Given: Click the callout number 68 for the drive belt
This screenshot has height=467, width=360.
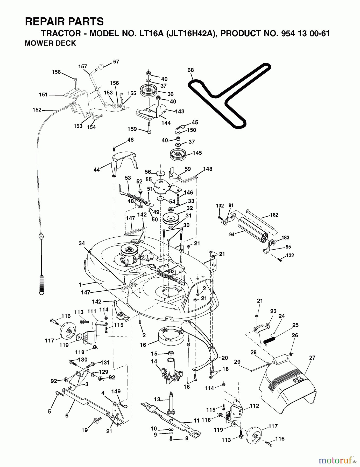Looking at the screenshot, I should click(190, 70).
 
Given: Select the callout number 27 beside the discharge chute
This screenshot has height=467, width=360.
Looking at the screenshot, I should click(312, 358).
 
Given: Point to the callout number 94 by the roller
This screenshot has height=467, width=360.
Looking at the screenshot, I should click(232, 235).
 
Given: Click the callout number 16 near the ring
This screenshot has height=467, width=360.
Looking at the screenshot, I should click(143, 345).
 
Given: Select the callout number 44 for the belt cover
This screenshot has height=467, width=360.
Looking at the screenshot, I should click(97, 170).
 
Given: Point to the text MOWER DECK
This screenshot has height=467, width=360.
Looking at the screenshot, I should click(50, 43).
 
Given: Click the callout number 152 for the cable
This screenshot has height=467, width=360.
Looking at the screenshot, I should click(37, 110).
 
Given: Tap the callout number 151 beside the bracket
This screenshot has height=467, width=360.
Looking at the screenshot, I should click(43, 95).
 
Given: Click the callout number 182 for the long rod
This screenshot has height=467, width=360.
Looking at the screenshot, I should click(274, 215).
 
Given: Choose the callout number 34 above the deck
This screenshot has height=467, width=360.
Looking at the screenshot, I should click(82, 243).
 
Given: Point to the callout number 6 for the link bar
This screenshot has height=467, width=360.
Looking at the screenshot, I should click(67, 416).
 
